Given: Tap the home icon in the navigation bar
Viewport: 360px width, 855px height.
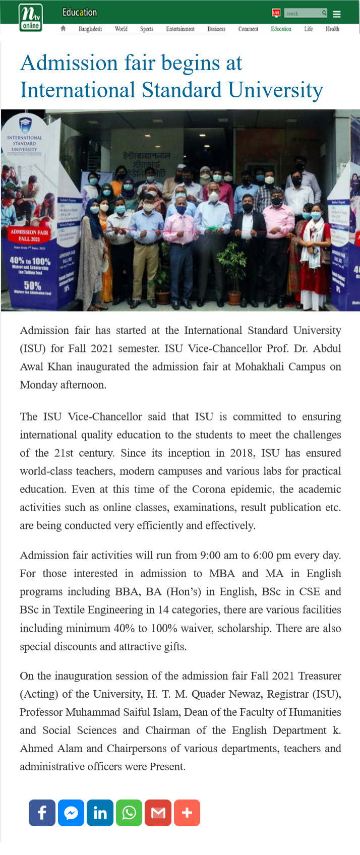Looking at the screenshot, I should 63,29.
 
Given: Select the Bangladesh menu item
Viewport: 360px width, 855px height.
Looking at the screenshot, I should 90,29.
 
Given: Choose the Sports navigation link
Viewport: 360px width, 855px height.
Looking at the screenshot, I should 147,29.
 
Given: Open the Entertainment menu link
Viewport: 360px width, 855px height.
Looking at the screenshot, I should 180,29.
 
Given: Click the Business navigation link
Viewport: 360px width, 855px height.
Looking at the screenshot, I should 216,29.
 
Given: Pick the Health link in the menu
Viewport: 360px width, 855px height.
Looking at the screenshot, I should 332,29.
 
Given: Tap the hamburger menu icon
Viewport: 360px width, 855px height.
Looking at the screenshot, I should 337,14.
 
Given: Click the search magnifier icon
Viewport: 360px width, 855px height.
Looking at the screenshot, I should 324,13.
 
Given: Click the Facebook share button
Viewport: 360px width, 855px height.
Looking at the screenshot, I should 42,813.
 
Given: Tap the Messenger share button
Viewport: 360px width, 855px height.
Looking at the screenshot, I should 71,813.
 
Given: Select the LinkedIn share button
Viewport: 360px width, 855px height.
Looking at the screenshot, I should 100,813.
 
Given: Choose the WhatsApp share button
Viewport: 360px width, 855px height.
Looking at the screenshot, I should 129,813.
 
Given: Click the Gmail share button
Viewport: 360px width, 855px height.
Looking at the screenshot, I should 158,813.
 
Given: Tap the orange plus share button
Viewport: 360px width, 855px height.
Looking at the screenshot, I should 187,813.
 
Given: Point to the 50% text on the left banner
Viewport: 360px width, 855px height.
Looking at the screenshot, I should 32,285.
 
